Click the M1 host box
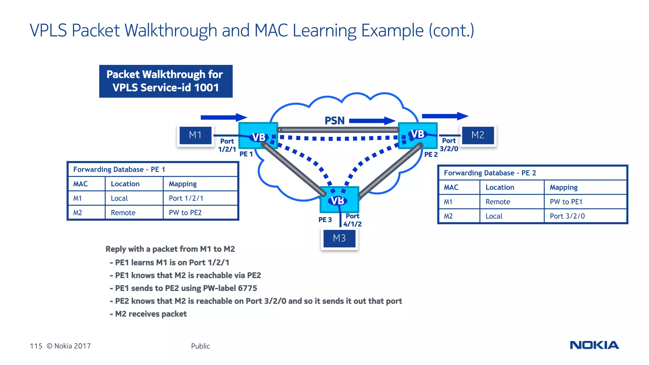tap(195, 135)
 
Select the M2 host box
tap(478, 135)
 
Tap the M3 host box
tap(339, 238)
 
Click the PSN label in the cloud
tap(334, 121)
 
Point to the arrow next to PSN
tap(372, 121)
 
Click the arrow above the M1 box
tap(223, 117)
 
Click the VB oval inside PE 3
tap(337, 201)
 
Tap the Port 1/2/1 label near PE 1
tap(227, 145)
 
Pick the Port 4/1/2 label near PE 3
tap(352, 220)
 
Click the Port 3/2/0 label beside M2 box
tap(449, 144)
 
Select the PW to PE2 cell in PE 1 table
tap(185, 213)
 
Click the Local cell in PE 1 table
tap(119, 198)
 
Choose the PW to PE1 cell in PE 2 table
tap(566, 202)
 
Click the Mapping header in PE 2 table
tap(563, 187)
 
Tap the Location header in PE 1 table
tap(125, 184)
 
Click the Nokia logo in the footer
tap(594, 345)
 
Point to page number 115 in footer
tap(36, 346)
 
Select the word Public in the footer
tap(200, 346)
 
